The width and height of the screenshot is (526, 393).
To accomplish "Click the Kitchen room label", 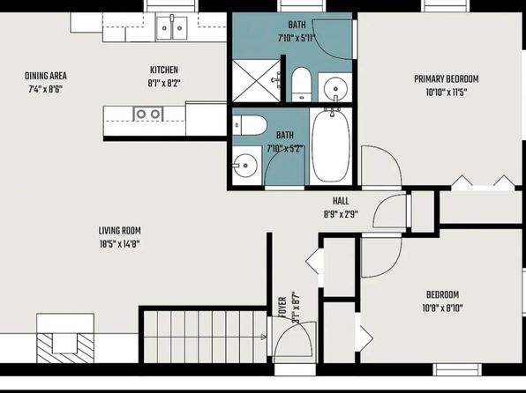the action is [164, 70].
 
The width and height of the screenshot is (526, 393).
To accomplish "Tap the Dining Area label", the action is [46, 76].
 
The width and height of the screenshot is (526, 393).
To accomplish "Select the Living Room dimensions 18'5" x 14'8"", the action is [120, 244].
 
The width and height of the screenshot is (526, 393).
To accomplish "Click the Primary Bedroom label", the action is [447, 79].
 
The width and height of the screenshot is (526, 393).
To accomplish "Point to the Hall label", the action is [341, 201].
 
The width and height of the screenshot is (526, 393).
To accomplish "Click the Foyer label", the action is [282, 308].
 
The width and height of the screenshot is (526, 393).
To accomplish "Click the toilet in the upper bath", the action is [302, 85].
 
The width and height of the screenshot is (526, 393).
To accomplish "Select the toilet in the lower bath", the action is [250, 125].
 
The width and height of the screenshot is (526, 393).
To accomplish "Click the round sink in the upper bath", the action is [335, 88].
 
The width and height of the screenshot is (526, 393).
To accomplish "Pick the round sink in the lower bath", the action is [245, 166].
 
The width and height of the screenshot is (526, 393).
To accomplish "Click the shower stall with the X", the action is [256, 81].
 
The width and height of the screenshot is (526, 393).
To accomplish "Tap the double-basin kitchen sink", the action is [172, 28].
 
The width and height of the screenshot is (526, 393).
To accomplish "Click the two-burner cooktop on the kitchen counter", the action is [148, 114].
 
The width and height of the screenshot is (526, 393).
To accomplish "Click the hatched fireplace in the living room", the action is [65, 348].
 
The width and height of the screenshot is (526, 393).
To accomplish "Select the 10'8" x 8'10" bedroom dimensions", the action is [442, 308].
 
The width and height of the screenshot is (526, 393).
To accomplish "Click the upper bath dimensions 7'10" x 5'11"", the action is [297, 38].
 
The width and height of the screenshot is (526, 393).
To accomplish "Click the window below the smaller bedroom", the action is [457, 369].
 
